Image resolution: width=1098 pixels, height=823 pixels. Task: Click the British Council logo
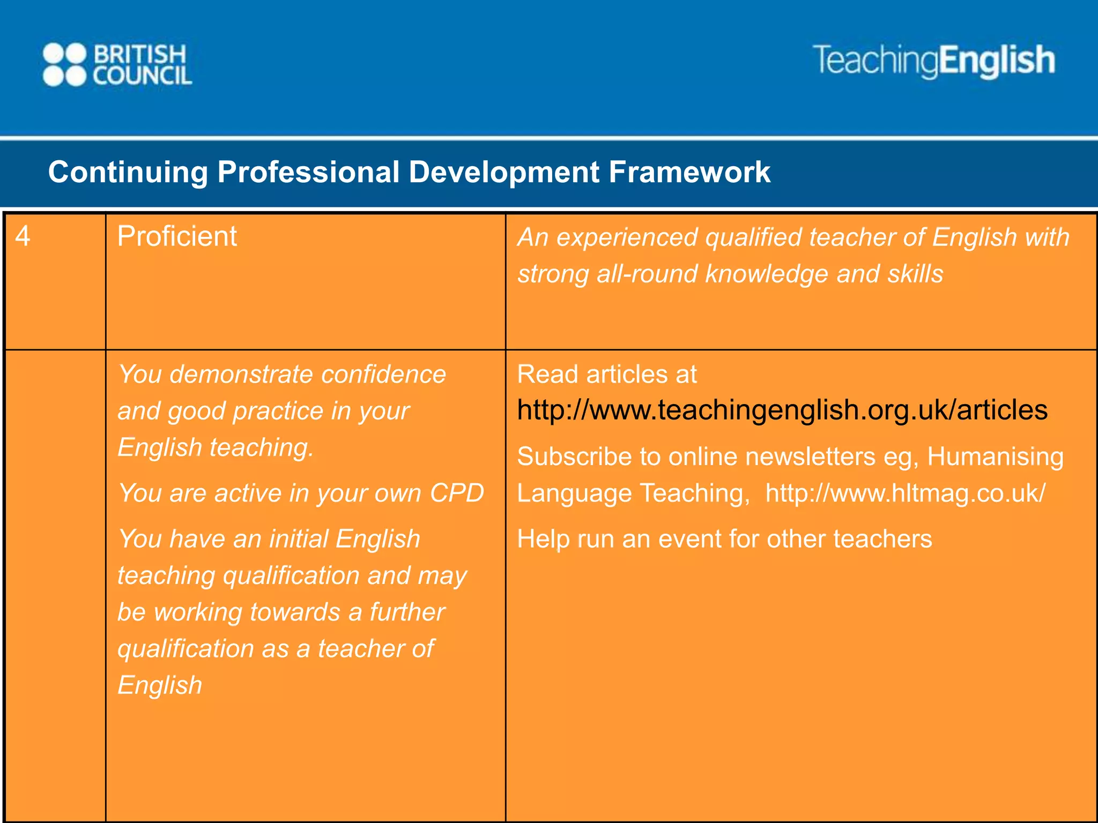tap(117, 65)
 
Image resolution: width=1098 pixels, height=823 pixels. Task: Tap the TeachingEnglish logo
tap(934, 61)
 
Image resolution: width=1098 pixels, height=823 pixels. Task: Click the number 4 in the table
tap(23, 236)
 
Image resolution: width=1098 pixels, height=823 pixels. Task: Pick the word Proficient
tap(177, 236)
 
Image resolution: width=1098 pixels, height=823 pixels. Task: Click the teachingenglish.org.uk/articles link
tap(782, 410)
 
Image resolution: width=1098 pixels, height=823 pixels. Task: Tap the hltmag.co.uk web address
tap(905, 493)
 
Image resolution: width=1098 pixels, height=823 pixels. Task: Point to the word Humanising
tap(995, 457)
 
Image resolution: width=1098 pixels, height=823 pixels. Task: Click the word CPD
tap(457, 493)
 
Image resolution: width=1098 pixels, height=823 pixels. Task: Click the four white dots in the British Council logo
tap(64, 65)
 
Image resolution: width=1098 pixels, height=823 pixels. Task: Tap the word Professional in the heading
tap(308, 173)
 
